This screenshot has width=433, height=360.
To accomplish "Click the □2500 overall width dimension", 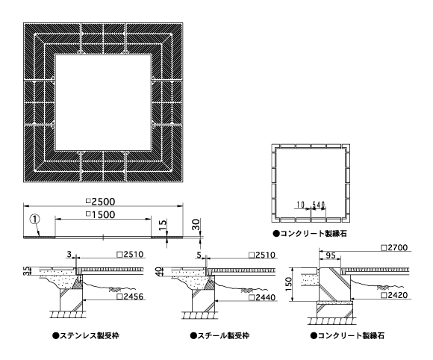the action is [x=101, y=202].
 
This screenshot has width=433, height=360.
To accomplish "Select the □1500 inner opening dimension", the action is [x=101, y=214].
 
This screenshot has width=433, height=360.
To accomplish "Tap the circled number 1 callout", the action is [x=35, y=220].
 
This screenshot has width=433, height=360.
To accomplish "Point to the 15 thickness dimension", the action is [x=163, y=225].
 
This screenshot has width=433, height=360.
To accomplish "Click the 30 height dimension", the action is [x=196, y=224].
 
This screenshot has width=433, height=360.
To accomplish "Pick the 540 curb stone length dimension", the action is [x=319, y=205].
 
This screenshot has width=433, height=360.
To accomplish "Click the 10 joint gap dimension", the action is [x=301, y=205].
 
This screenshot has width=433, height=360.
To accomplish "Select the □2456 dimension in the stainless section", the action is [x=130, y=297].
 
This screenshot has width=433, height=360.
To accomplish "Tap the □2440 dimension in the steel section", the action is [x=262, y=297].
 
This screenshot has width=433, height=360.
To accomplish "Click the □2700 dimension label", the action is [x=394, y=247].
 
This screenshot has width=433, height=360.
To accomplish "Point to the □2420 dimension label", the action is [x=394, y=295].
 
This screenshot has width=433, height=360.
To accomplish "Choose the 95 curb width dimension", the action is [x=331, y=255].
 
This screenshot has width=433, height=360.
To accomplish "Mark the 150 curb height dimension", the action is [x=289, y=284].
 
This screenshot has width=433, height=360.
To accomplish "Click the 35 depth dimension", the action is [x=27, y=271].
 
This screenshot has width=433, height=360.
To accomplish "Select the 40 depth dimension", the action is [x=159, y=272].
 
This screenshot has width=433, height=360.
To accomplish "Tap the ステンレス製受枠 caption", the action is [x=86, y=335].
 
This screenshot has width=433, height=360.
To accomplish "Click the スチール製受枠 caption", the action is [x=219, y=335].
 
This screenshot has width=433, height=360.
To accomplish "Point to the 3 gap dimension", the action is [x=69, y=254].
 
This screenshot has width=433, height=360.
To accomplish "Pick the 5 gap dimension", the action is [x=199, y=255].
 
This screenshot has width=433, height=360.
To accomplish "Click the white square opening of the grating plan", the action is [x=103, y=102].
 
